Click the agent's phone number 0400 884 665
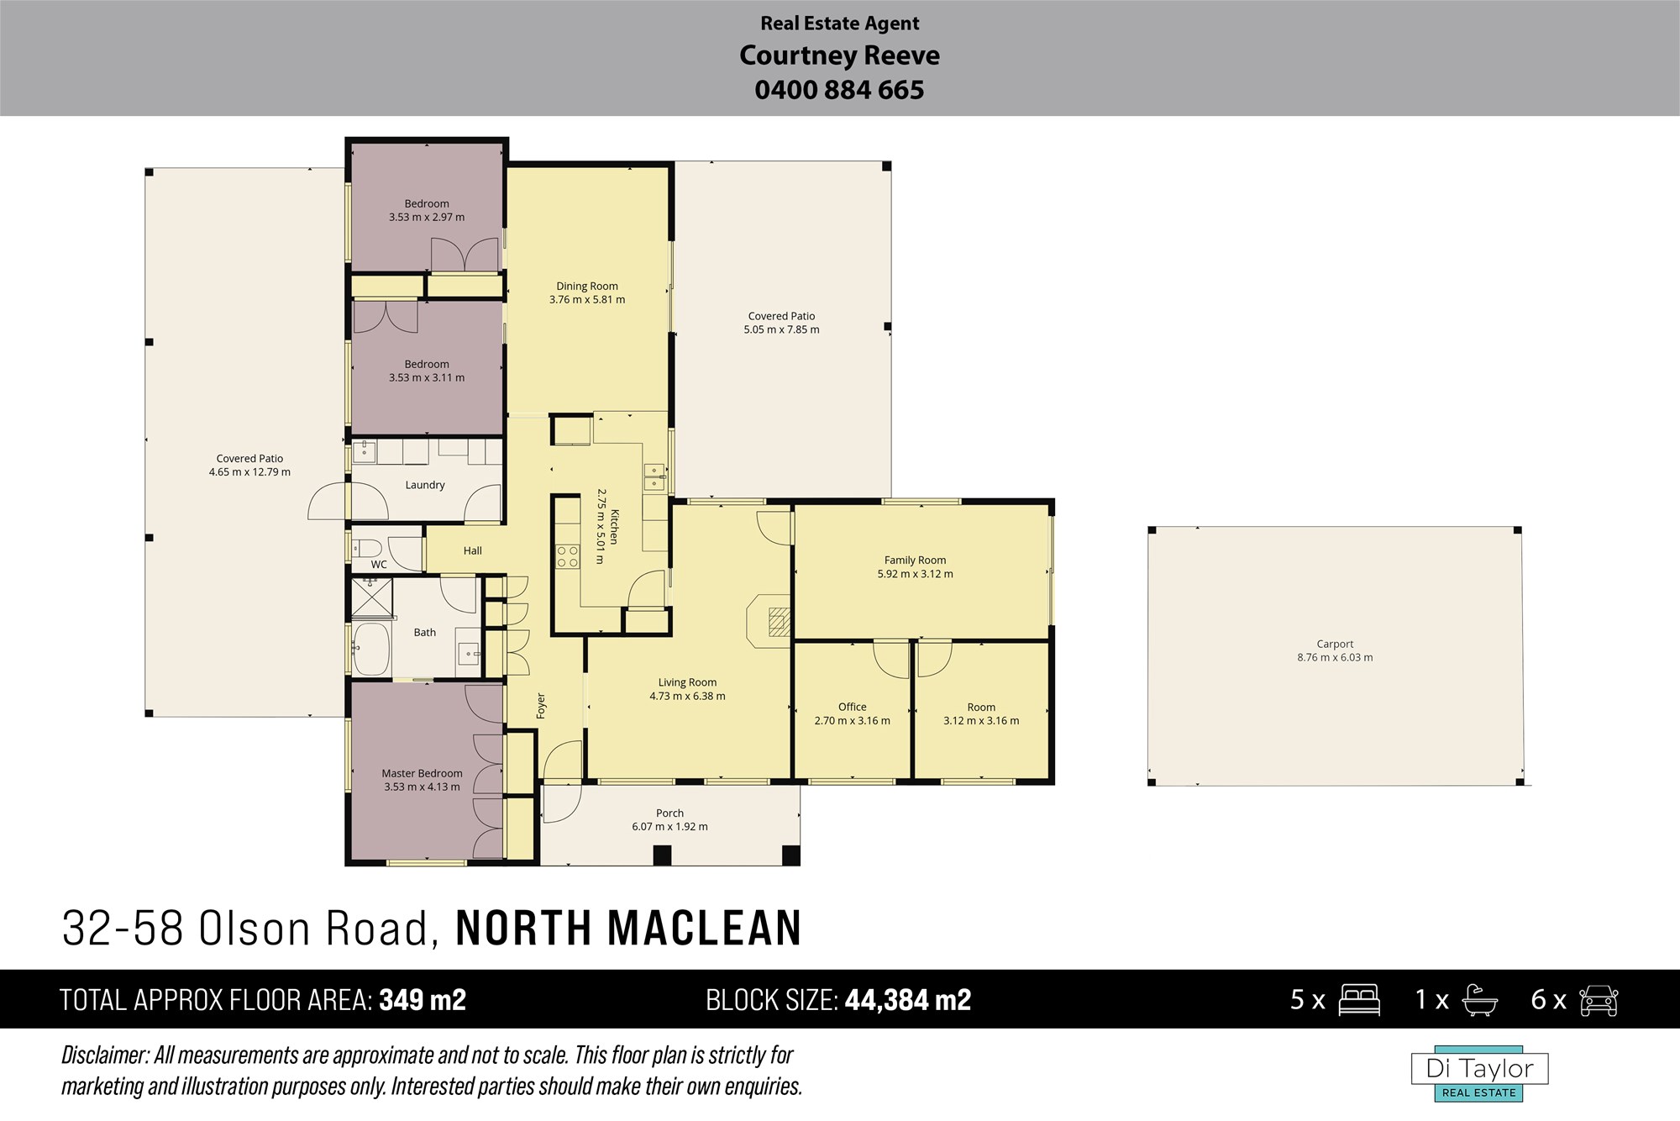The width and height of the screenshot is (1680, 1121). click(x=839, y=90)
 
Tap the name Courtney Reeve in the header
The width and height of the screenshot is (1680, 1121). click(x=839, y=55)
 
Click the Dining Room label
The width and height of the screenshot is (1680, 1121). click(x=587, y=286)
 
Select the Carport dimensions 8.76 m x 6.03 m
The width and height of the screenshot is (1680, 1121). click(x=1335, y=658)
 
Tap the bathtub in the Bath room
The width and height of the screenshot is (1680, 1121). click(x=371, y=648)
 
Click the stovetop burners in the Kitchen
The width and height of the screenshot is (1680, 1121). click(x=568, y=556)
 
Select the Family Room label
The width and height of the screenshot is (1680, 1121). click(x=915, y=560)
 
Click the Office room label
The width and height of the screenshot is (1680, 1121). click(x=852, y=707)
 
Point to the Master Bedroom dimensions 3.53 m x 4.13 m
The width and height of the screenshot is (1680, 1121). click(x=422, y=787)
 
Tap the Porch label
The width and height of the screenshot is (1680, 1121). click(x=669, y=813)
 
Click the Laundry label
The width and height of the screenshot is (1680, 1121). click(x=425, y=485)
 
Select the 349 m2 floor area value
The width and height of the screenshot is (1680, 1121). click(x=423, y=1000)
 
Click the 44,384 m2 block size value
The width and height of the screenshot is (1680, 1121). click(x=908, y=1000)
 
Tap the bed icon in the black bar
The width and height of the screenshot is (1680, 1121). click(x=1359, y=1000)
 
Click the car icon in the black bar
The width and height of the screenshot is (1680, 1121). click(x=1599, y=1000)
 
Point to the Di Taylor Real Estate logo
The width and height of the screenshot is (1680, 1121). click(x=1479, y=1074)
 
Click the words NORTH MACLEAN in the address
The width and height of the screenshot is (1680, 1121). click(x=628, y=928)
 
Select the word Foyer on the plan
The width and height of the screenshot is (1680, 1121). click(x=541, y=706)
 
